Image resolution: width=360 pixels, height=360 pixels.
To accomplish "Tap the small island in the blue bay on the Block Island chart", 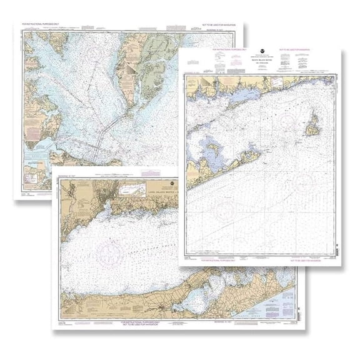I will [x=212, y=149].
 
